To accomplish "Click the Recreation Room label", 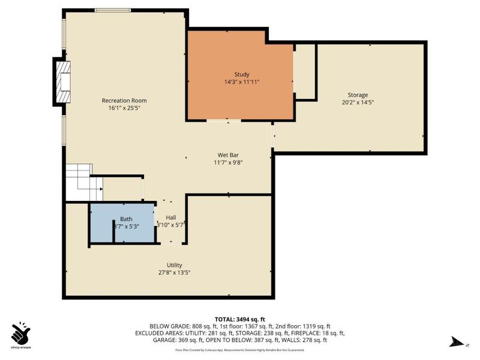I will click(x=124, y=100).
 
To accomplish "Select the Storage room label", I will click(x=358, y=95).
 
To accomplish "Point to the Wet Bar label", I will click(x=228, y=154).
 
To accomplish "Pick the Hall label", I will click(x=171, y=218).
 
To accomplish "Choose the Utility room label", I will click(x=175, y=265).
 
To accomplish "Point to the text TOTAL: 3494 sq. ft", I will click(x=239, y=319).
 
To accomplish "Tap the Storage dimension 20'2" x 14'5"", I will click(x=358, y=102).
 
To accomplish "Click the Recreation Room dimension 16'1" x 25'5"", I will click(x=124, y=108).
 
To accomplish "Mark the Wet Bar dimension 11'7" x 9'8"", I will click(x=228, y=162).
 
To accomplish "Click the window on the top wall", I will click(x=115, y=10).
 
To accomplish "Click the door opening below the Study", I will click(x=224, y=121).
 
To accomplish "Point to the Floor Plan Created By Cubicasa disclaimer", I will click(x=239, y=349).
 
